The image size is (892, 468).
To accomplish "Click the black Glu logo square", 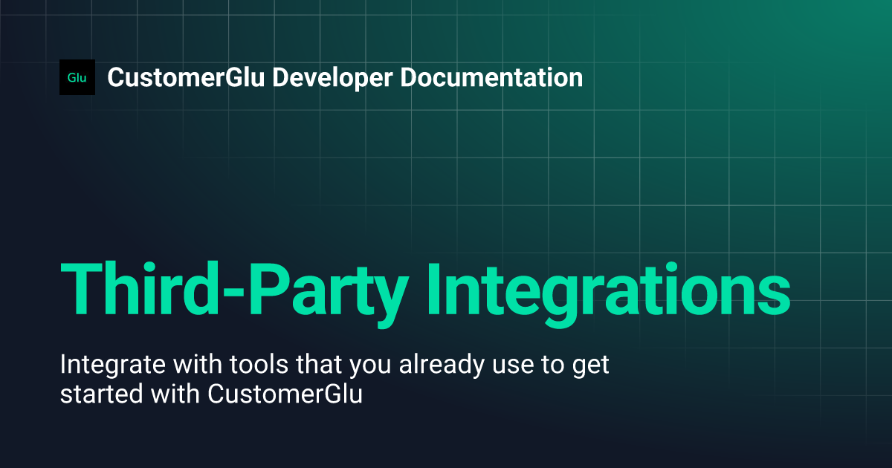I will pyautogui.click(x=77, y=77).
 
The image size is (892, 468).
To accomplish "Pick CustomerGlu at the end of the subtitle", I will pyautogui.click(x=285, y=394).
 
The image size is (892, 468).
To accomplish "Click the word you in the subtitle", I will pyautogui.click(x=349, y=367).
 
